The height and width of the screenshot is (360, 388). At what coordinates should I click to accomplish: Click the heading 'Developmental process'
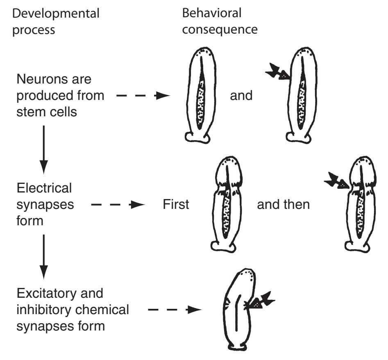click(x=56, y=21)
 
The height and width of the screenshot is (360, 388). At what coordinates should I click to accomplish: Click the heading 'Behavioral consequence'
click(x=219, y=21)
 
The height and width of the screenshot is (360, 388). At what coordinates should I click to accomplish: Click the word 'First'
click(x=176, y=204)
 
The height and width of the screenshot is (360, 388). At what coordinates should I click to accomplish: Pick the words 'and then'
click(x=283, y=204)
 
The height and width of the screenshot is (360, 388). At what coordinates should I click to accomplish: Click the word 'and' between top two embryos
click(x=242, y=95)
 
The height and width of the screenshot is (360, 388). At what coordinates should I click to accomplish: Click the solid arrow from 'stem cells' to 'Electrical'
click(x=44, y=149)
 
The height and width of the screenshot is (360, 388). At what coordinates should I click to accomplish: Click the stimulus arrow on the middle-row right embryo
click(x=337, y=180)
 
